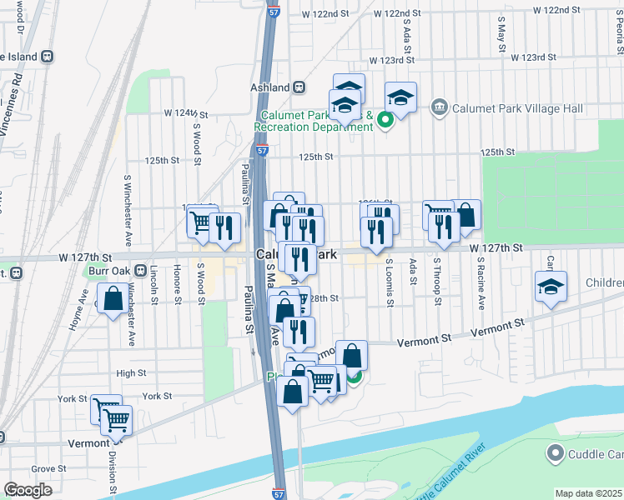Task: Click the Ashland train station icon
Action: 298,87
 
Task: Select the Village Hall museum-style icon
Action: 439,107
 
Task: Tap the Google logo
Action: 28,490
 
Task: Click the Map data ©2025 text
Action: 588,493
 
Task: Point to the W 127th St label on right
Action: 495,248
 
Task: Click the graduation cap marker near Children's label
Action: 551,287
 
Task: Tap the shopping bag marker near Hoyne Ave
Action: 113,298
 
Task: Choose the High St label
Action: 131,373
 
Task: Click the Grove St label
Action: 48,469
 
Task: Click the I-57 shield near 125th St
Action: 263,152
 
